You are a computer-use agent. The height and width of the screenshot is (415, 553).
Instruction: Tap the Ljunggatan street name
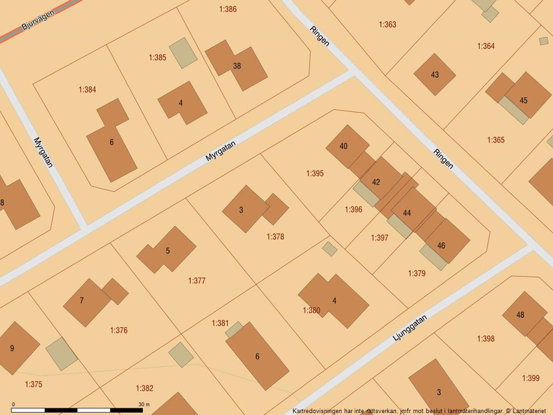click(408, 331)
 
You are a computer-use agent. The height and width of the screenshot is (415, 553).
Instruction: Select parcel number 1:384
click(87, 89)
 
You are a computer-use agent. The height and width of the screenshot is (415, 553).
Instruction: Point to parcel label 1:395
click(315, 174)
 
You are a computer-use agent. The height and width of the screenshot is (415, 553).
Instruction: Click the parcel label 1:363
click(387, 25)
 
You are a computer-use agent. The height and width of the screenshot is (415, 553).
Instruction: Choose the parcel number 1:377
click(196, 281)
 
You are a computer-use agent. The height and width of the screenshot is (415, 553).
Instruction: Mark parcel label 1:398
click(486, 339)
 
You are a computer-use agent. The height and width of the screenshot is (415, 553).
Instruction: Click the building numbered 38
click(237, 66)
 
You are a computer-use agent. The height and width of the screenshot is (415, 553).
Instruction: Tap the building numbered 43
click(435, 74)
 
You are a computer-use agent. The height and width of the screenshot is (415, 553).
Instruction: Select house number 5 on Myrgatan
click(168, 251)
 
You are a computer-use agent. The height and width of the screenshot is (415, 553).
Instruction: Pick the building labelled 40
click(344, 146)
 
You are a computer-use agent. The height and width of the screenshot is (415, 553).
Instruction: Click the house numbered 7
click(82, 300)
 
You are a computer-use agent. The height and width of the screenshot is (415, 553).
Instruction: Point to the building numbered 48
click(520, 315)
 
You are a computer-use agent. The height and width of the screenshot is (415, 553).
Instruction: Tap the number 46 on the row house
click(441, 246)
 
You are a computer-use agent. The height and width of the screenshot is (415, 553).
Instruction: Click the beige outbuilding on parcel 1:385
click(183, 52)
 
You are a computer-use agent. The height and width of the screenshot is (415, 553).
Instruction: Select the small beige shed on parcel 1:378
click(329, 249)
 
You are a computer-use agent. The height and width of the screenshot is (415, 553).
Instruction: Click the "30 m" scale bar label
click(144, 404)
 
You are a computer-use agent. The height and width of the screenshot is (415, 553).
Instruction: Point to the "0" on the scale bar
click(13, 404)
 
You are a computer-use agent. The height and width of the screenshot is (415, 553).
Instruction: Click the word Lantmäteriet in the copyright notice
click(528, 411)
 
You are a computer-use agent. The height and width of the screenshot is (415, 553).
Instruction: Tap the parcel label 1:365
click(495, 140)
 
